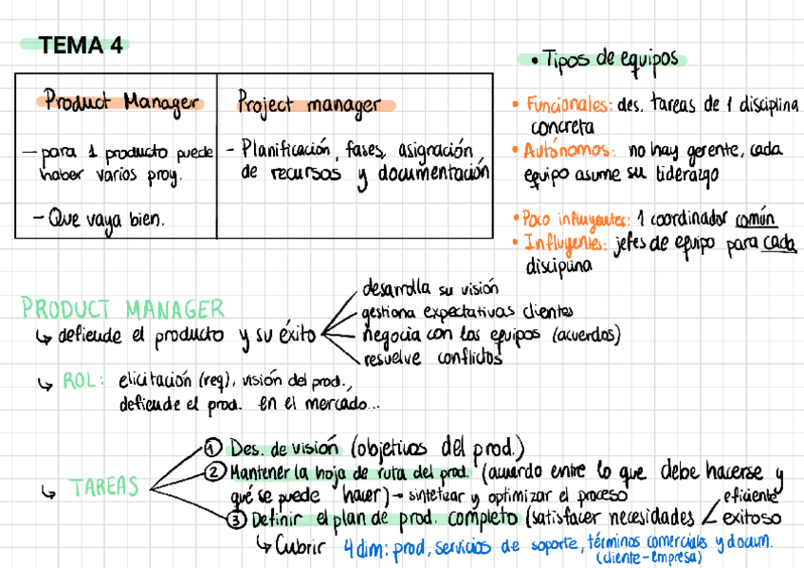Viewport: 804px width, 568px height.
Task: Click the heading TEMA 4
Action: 82,45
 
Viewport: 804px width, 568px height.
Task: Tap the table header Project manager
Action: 309,105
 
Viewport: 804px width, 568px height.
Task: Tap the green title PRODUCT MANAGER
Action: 123,308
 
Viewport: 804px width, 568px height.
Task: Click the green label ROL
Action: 79,380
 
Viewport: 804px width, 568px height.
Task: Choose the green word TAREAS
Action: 104,488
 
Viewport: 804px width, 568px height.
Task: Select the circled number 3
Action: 236,519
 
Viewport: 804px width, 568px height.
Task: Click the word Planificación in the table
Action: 285,149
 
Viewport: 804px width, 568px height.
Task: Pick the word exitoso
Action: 752,518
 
